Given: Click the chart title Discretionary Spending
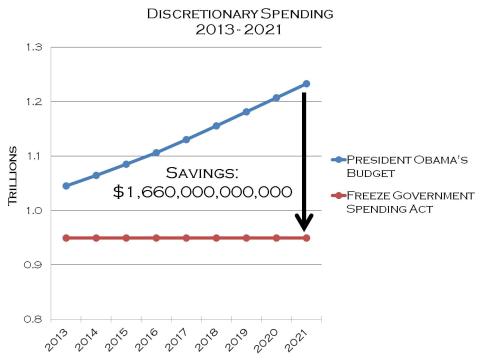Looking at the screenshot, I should [x=239, y=15].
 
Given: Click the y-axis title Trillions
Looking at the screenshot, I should [x=14, y=183].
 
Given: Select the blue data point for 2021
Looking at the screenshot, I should [x=306, y=83].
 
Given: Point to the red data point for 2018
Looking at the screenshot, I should [x=216, y=238].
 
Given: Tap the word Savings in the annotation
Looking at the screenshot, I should [x=201, y=172].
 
